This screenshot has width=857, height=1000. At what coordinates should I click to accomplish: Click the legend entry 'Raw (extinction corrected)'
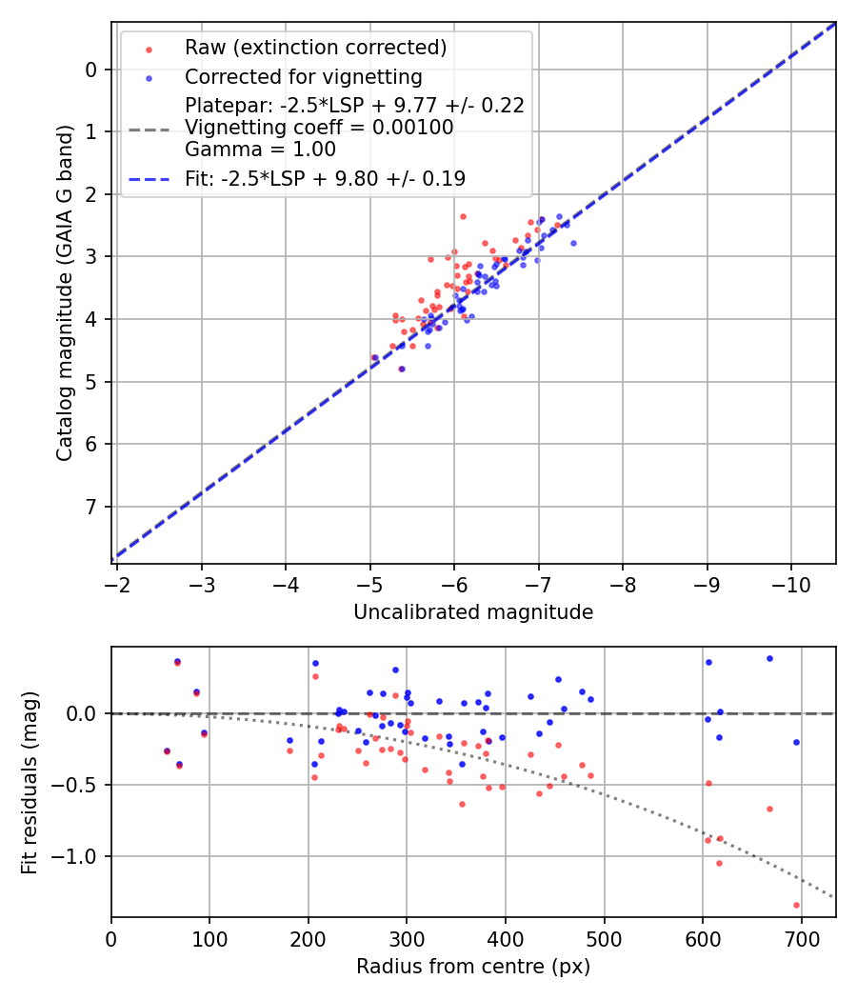tap(315, 48)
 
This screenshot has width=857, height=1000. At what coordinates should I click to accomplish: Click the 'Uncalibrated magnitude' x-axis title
tap(473, 612)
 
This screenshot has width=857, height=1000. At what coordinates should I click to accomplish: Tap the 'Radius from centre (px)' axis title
tap(473, 967)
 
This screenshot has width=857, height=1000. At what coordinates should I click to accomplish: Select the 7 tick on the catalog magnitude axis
tap(91, 507)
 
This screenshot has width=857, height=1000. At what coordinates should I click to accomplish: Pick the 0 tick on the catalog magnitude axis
tap(91, 70)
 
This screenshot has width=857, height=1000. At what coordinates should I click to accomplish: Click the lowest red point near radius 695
tap(796, 905)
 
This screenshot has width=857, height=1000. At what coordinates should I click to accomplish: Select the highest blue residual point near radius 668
tap(769, 658)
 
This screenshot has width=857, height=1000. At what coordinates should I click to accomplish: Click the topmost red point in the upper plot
tap(463, 216)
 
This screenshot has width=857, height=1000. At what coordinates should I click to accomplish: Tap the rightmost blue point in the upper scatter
tap(573, 243)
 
